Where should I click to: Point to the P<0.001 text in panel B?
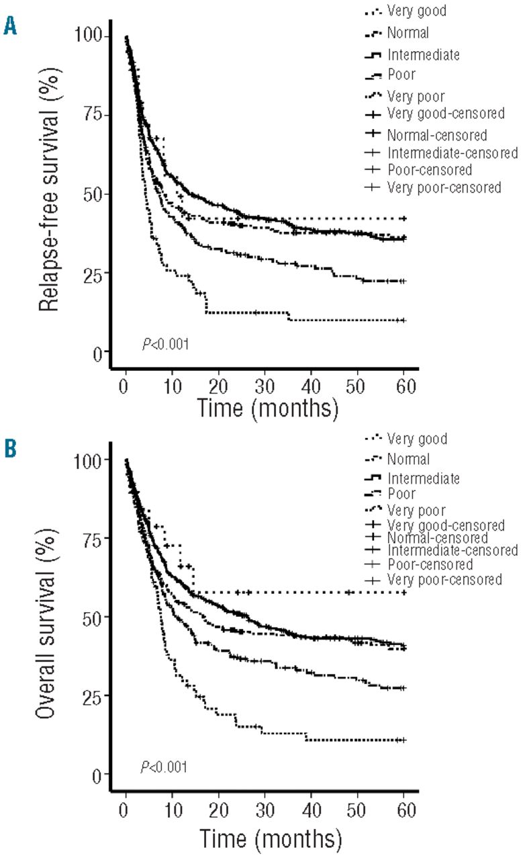(164, 767)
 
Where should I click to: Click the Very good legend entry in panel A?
(417, 11)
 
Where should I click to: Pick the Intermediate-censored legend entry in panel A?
(452, 153)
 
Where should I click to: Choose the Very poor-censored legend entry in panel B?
(444, 579)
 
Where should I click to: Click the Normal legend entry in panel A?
(408, 32)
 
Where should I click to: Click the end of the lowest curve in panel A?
(403, 320)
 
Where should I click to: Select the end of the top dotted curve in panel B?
(403, 592)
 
